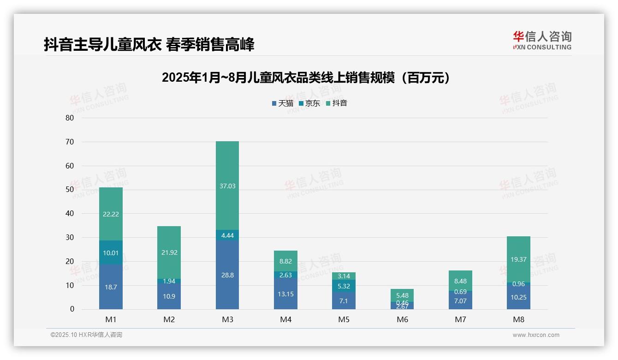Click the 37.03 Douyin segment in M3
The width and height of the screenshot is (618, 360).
click(227, 186)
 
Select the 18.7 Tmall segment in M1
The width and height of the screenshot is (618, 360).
click(111, 287)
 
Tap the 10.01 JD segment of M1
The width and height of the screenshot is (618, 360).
click(111, 252)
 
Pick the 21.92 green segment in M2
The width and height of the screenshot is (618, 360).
click(169, 252)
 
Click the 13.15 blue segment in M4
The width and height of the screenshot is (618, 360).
click(285, 294)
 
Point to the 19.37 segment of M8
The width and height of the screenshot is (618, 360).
click(518, 259)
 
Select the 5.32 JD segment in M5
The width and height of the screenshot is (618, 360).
click(344, 286)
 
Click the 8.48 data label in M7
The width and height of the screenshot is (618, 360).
click(460, 281)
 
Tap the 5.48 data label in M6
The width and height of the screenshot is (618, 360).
click(402, 295)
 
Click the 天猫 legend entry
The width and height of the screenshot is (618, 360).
click(283, 103)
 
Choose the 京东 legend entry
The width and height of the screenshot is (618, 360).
click(309, 103)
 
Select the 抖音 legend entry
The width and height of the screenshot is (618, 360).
click(337, 103)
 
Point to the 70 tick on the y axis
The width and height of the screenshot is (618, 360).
click(69, 142)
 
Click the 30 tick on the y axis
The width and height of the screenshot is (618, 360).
click(69, 238)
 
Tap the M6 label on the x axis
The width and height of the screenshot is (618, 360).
click(402, 319)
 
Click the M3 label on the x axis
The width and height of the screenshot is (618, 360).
click(227, 319)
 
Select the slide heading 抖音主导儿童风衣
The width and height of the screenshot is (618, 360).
click(149, 44)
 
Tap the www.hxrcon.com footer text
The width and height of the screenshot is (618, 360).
click(535, 335)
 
